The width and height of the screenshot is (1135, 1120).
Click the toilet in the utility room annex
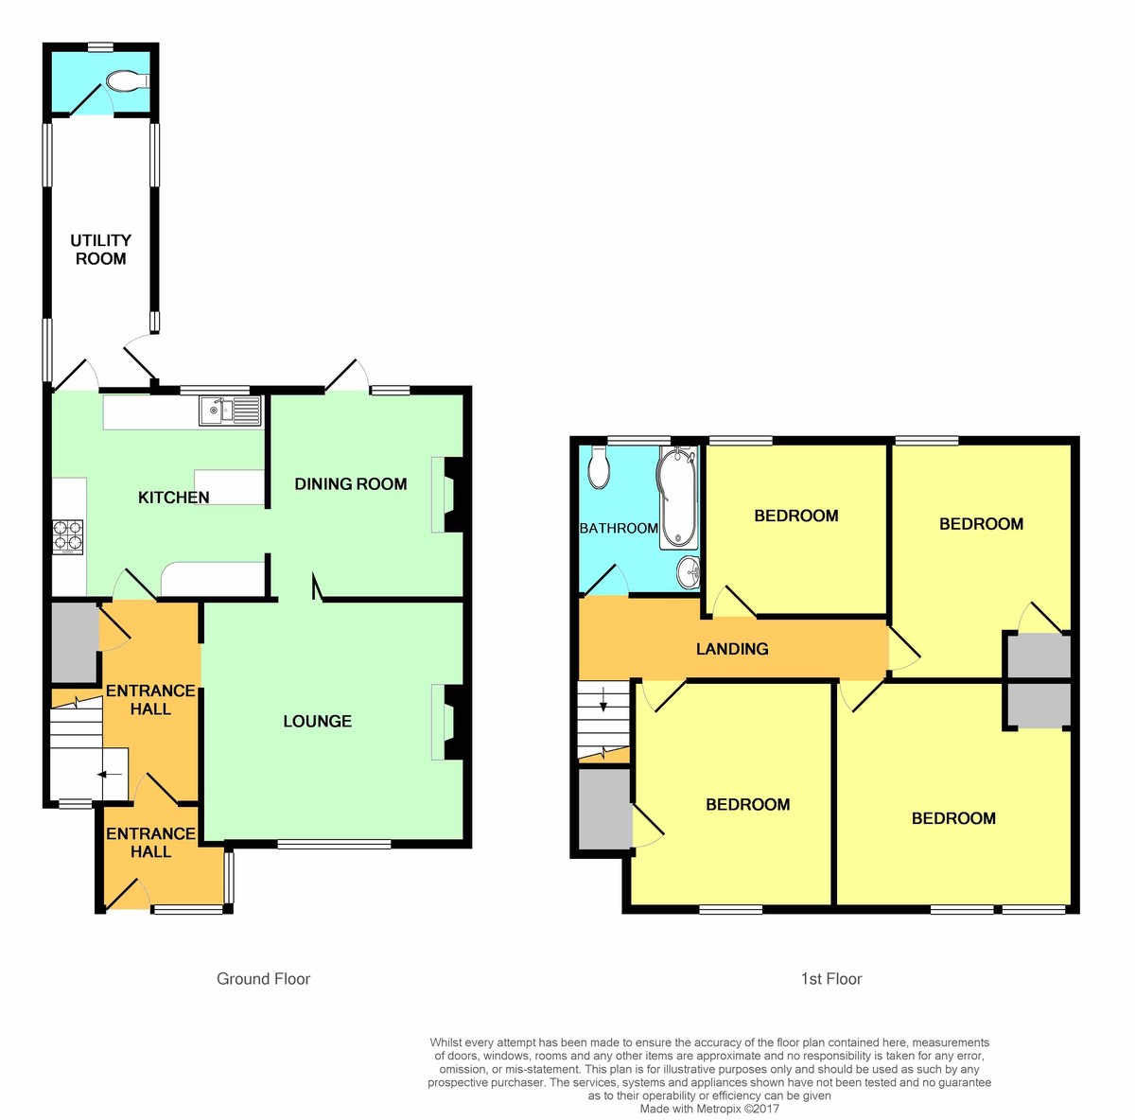(127, 82)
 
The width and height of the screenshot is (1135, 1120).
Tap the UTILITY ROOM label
(100, 250)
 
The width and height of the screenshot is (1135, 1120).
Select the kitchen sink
(230, 411)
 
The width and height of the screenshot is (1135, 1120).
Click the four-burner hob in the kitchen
(68, 536)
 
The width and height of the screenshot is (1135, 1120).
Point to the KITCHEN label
(174, 498)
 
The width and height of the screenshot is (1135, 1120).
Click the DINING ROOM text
(351, 484)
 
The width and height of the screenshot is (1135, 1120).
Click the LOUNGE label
(318, 722)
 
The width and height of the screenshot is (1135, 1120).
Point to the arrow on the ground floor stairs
(111, 775)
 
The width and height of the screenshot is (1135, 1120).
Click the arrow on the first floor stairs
(603, 701)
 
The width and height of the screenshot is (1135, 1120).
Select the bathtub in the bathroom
(677, 499)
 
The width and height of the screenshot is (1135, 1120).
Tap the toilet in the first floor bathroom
(598, 467)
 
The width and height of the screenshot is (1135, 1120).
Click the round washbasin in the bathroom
(688, 570)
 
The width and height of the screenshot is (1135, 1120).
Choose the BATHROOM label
(619, 528)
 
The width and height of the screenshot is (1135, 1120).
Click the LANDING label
(732, 649)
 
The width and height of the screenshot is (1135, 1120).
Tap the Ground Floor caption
(263, 979)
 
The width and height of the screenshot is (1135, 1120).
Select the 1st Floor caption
(831, 979)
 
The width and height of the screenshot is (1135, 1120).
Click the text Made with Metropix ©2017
(709, 1109)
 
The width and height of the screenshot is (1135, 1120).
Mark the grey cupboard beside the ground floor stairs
(74, 641)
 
